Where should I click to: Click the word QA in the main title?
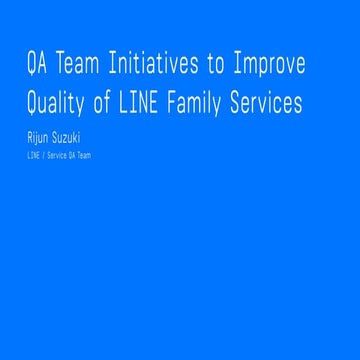tap(39, 67)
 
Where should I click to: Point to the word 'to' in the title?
tap(216, 67)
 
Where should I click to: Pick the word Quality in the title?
tap(61, 103)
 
